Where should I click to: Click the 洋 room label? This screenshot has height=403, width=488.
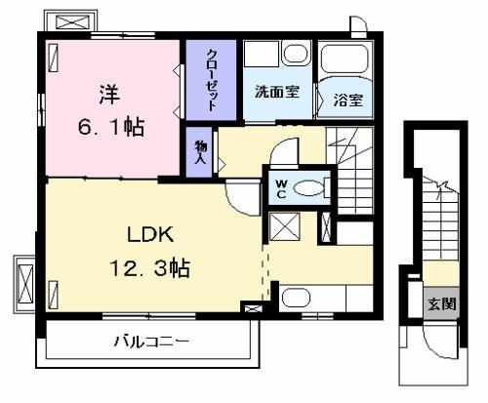109,95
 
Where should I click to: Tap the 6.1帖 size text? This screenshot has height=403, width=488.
111,127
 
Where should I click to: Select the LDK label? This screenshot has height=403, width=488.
150,235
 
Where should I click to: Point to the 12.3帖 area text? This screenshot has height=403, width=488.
149,267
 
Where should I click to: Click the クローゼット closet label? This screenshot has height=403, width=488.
212,80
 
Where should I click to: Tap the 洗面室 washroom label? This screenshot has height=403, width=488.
277,92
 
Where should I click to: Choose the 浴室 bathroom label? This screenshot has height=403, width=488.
348,100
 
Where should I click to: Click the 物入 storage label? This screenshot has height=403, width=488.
200,152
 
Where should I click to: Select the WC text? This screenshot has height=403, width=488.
281,189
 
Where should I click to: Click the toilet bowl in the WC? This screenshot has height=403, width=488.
309,188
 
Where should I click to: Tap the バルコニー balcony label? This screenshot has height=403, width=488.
151,342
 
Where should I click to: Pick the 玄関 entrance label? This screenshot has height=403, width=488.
442,303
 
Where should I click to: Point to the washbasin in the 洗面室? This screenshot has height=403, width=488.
297,53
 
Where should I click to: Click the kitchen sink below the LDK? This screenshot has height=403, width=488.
296,298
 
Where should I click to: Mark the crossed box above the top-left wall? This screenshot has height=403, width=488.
72,21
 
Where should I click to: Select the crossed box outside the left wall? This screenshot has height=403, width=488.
25,284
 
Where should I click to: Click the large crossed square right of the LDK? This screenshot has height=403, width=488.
285,226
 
